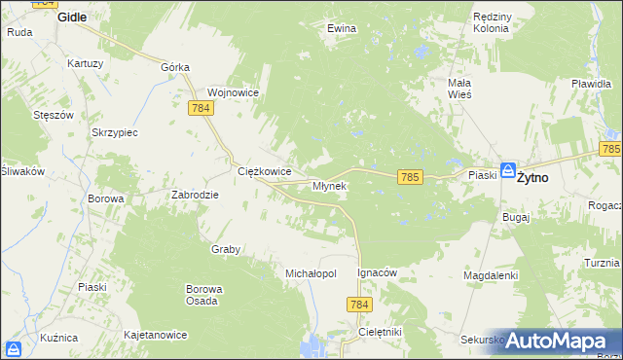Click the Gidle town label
[72, 17]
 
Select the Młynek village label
[329, 186]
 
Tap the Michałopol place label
[310, 274]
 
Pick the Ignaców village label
[378, 273]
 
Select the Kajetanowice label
[155, 335]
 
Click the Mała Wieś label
[459, 89]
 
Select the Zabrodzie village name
[196, 195]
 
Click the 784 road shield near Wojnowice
[202, 107]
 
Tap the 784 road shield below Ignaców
[358, 306]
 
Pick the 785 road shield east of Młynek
[410, 176]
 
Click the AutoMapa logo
[558, 341]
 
